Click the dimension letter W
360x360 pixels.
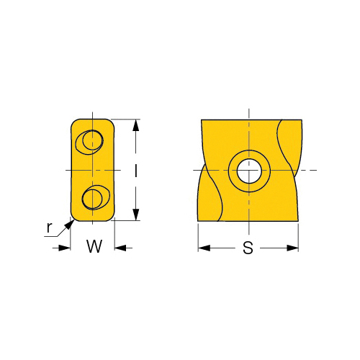(94, 246)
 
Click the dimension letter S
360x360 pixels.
(248, 248)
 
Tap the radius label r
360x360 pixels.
(49, 228)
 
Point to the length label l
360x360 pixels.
(136, 170)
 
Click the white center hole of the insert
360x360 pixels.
(249, 171)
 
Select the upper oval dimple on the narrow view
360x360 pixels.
(89, 143)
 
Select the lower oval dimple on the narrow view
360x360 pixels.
(96, 197)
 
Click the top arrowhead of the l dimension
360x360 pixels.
(136, 125)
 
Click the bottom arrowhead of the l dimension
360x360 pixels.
(136, 215)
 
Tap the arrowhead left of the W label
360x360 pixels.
(65, 248)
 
